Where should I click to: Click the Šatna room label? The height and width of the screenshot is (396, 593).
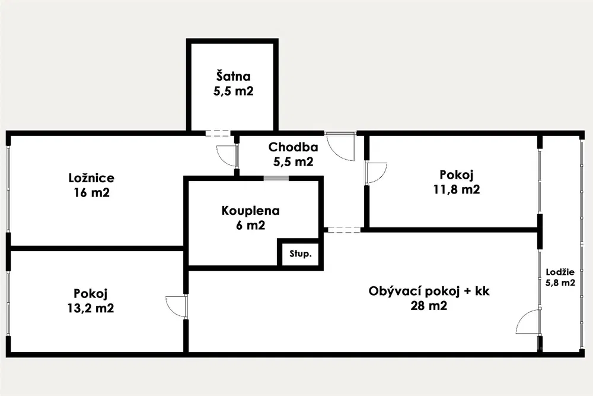pyautogui.click(x=232, y=77)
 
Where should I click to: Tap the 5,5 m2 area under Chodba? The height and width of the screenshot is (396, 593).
pyautogui.click(x=293, y=161)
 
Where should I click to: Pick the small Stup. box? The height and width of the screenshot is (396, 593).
pyautogui.click(x=300, y=254)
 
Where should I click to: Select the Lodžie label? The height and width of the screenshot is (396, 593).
pyautogui.click(x=560, y=273)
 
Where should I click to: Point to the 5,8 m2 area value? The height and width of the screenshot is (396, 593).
pyautogui.click(x=560, y=283)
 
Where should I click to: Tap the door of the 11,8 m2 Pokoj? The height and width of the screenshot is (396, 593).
pyautogui.click(x=375, y=173)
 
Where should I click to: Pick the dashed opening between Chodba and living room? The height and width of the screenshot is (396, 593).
pyautogui.click(x=343, y=229)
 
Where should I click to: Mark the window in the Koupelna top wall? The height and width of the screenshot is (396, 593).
pyautogui.click(x=276, y=178)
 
